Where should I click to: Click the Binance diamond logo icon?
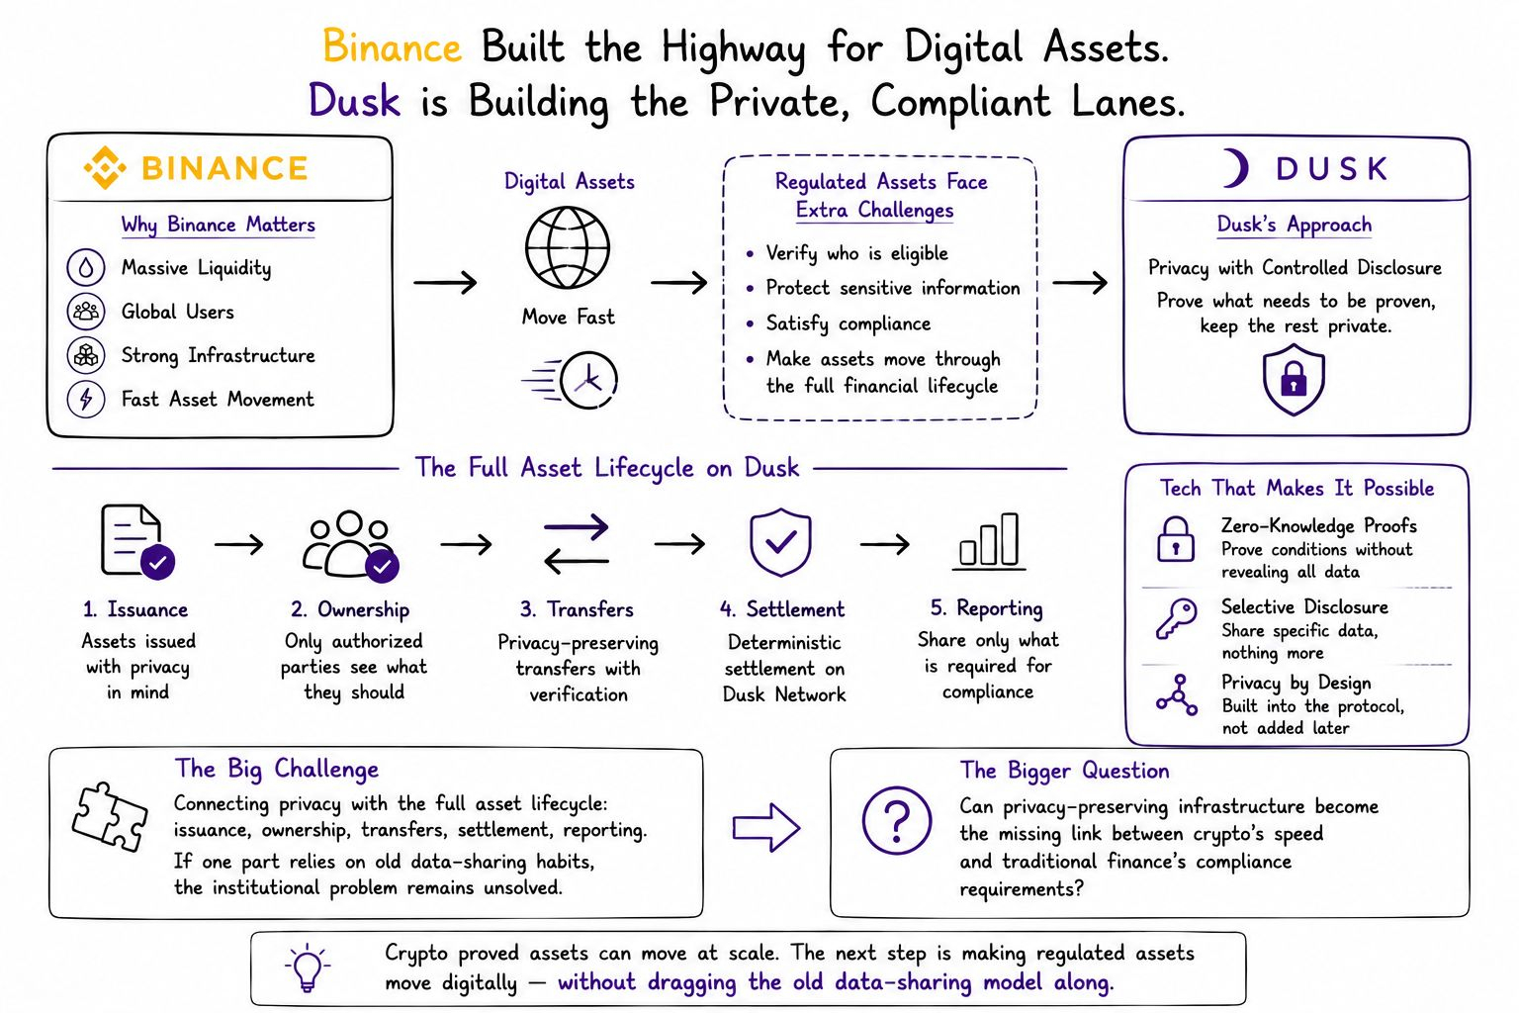tap(105, 167)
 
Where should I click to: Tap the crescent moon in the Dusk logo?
tap(1238, 168)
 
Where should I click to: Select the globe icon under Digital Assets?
tap(568, 247)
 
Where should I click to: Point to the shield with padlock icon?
tap(1294, 379)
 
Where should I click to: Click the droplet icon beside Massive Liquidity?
tap(85, 267)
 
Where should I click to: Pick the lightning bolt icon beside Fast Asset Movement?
tap(85, 399)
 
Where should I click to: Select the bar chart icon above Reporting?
tap(989, 541)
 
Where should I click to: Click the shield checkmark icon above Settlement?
tap(780, 542)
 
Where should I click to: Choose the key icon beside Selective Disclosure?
tap(1177, 618)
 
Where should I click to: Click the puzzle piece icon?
tap(110, 817)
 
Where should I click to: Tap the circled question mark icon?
tap(897, 820)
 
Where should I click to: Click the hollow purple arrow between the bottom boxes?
tap(766, 827)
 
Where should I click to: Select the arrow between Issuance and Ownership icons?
tap(238, 544)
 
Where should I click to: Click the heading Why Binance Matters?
tap(219, 226)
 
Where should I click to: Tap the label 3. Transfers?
tap(578, 609)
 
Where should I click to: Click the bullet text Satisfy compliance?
tap(849, 323)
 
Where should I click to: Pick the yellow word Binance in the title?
tap(392, 46)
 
